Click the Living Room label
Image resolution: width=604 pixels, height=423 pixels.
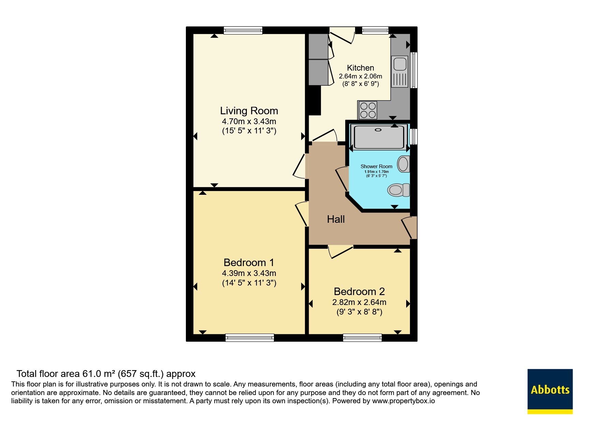pos(249,111)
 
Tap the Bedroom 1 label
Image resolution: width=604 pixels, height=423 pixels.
pos(249,263)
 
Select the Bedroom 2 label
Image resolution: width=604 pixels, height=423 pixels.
pos(359,292)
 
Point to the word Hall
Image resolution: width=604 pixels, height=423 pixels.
pos(336,219)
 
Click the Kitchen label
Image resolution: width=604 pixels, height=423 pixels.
pos(360,68)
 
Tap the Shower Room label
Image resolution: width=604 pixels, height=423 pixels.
pos(377,166)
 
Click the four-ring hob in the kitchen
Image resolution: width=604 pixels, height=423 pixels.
pos(367,110)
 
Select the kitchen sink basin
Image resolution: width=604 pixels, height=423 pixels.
pos(400,64)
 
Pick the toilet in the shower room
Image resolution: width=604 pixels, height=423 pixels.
pos(398,190)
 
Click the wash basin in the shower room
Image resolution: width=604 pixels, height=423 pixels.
pos(403,164)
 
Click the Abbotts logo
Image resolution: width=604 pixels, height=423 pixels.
pos(550,391)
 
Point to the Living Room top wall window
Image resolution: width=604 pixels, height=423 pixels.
pos(243,30)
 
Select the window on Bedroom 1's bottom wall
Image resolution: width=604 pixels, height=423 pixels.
pos(250,338)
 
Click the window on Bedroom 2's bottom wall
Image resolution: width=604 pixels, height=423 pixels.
pos(362,338)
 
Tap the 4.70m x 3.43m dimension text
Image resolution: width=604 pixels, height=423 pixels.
pos(249,121)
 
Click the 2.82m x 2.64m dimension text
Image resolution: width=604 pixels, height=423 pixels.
pos(359,302)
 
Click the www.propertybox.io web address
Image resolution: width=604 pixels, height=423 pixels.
pos(403,401)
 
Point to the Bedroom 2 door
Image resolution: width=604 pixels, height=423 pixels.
pos(341,251)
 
